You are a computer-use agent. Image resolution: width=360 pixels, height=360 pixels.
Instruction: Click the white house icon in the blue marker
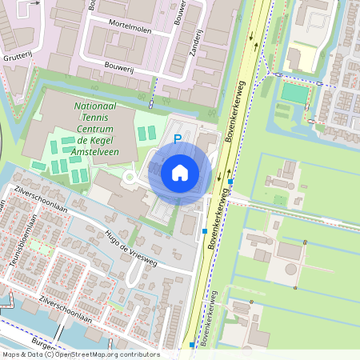click(x=180, y=173)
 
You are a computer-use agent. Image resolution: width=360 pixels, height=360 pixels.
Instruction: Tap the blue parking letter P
click(x=178, y=139)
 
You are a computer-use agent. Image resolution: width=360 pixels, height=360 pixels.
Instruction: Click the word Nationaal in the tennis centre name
click(x=98, y=106)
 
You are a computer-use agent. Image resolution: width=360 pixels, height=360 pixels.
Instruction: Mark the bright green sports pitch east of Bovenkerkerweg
click(x=294, y=93)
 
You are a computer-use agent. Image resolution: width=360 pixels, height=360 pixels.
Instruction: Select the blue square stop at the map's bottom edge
click(x=192, y=345)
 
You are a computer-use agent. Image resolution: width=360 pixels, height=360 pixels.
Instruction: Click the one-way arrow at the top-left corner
click(x=33, y=4)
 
